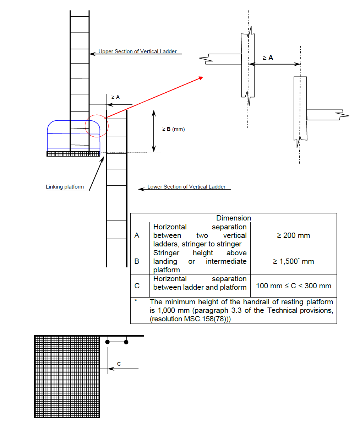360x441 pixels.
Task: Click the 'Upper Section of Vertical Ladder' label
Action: [137, 51]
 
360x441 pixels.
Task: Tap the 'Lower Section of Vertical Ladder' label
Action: [186, 186]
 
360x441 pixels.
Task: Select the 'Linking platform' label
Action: [65, 186]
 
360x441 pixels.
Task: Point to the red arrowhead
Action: [201, 78]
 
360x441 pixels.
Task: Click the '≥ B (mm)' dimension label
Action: [173, 129]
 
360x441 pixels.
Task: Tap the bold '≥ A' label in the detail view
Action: [268, 58]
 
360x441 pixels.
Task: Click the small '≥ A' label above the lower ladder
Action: [115, 97]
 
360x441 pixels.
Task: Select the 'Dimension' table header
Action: [233, 218]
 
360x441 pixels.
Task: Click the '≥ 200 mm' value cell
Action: [293, 235]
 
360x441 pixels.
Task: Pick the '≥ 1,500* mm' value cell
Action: [293, 261]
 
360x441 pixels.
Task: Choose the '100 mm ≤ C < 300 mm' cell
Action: [293, 285]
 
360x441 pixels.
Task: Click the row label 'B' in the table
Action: [137, 261]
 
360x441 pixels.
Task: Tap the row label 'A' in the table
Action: [137, 235]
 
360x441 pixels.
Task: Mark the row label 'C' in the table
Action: [137, 285]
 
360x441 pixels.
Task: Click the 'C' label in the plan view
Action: [119, 364]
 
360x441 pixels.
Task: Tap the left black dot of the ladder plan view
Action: [107, 342]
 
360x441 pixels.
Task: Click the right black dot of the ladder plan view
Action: [126, 342]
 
